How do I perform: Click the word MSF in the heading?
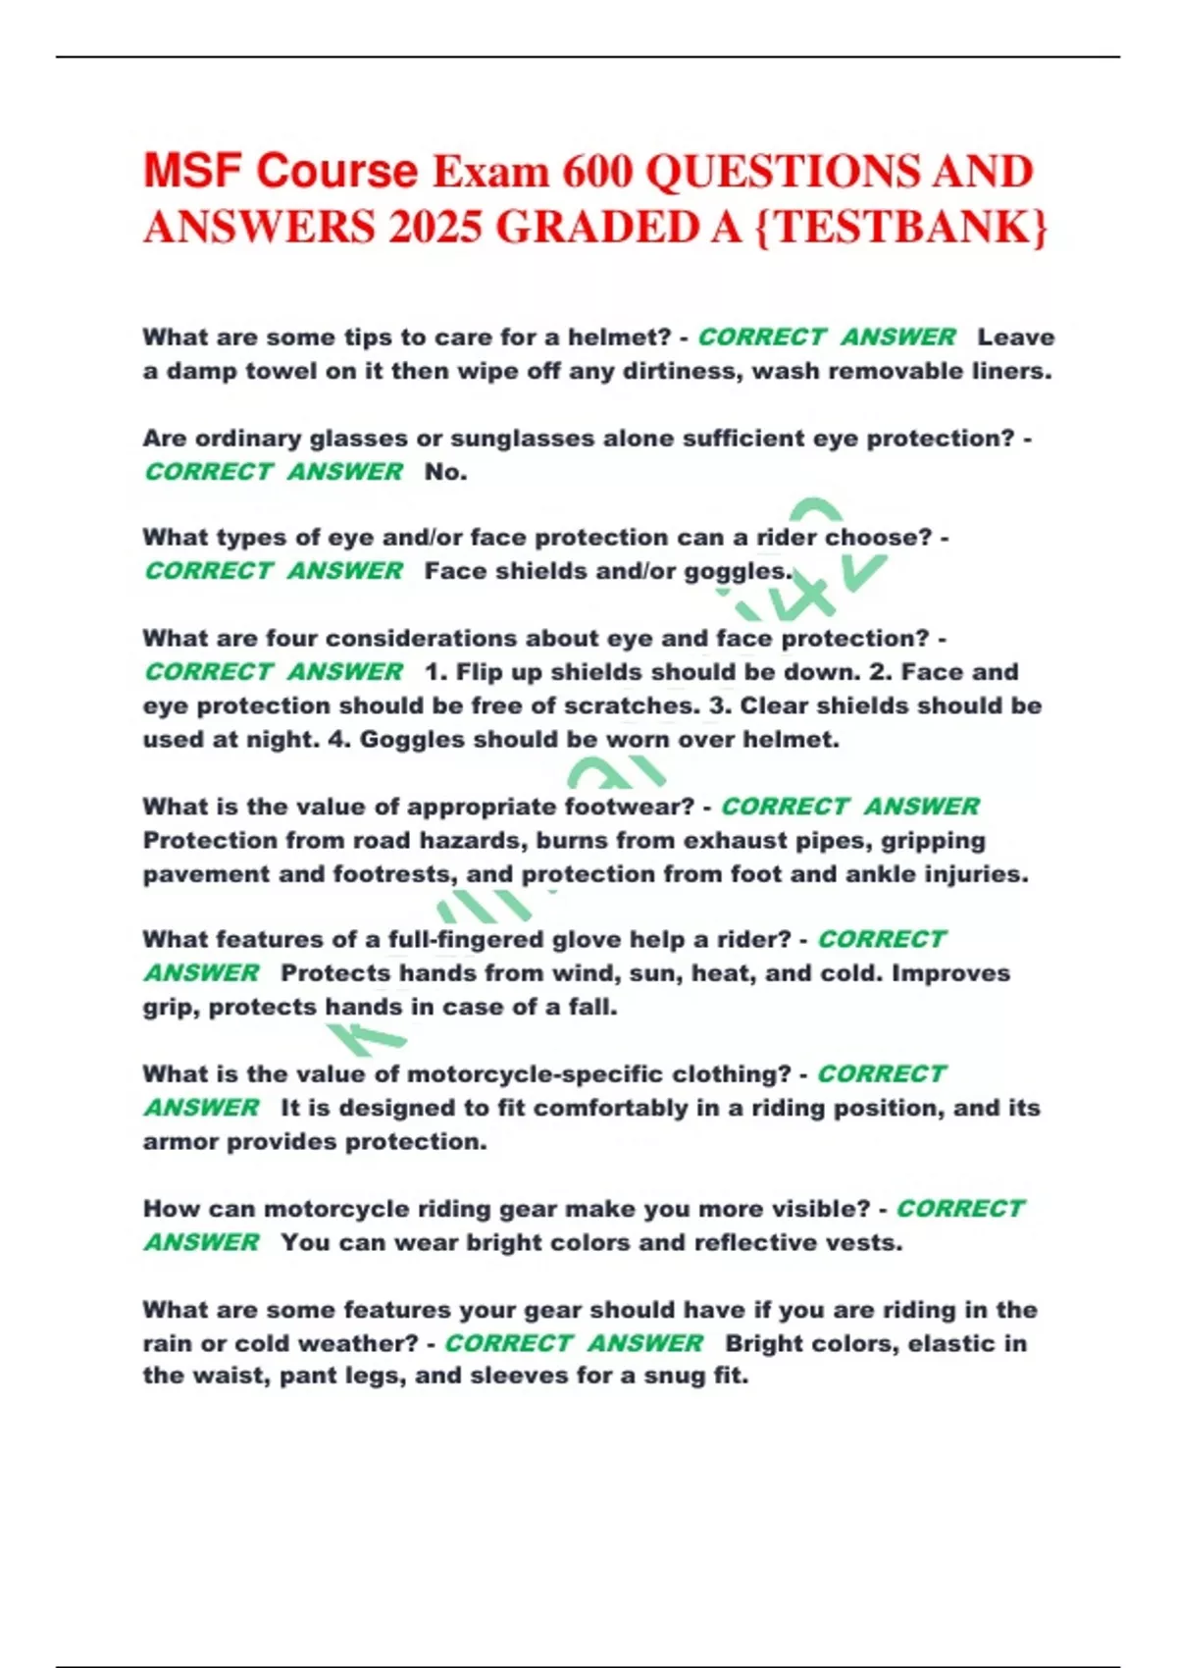193,172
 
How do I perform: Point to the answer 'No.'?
445,472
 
